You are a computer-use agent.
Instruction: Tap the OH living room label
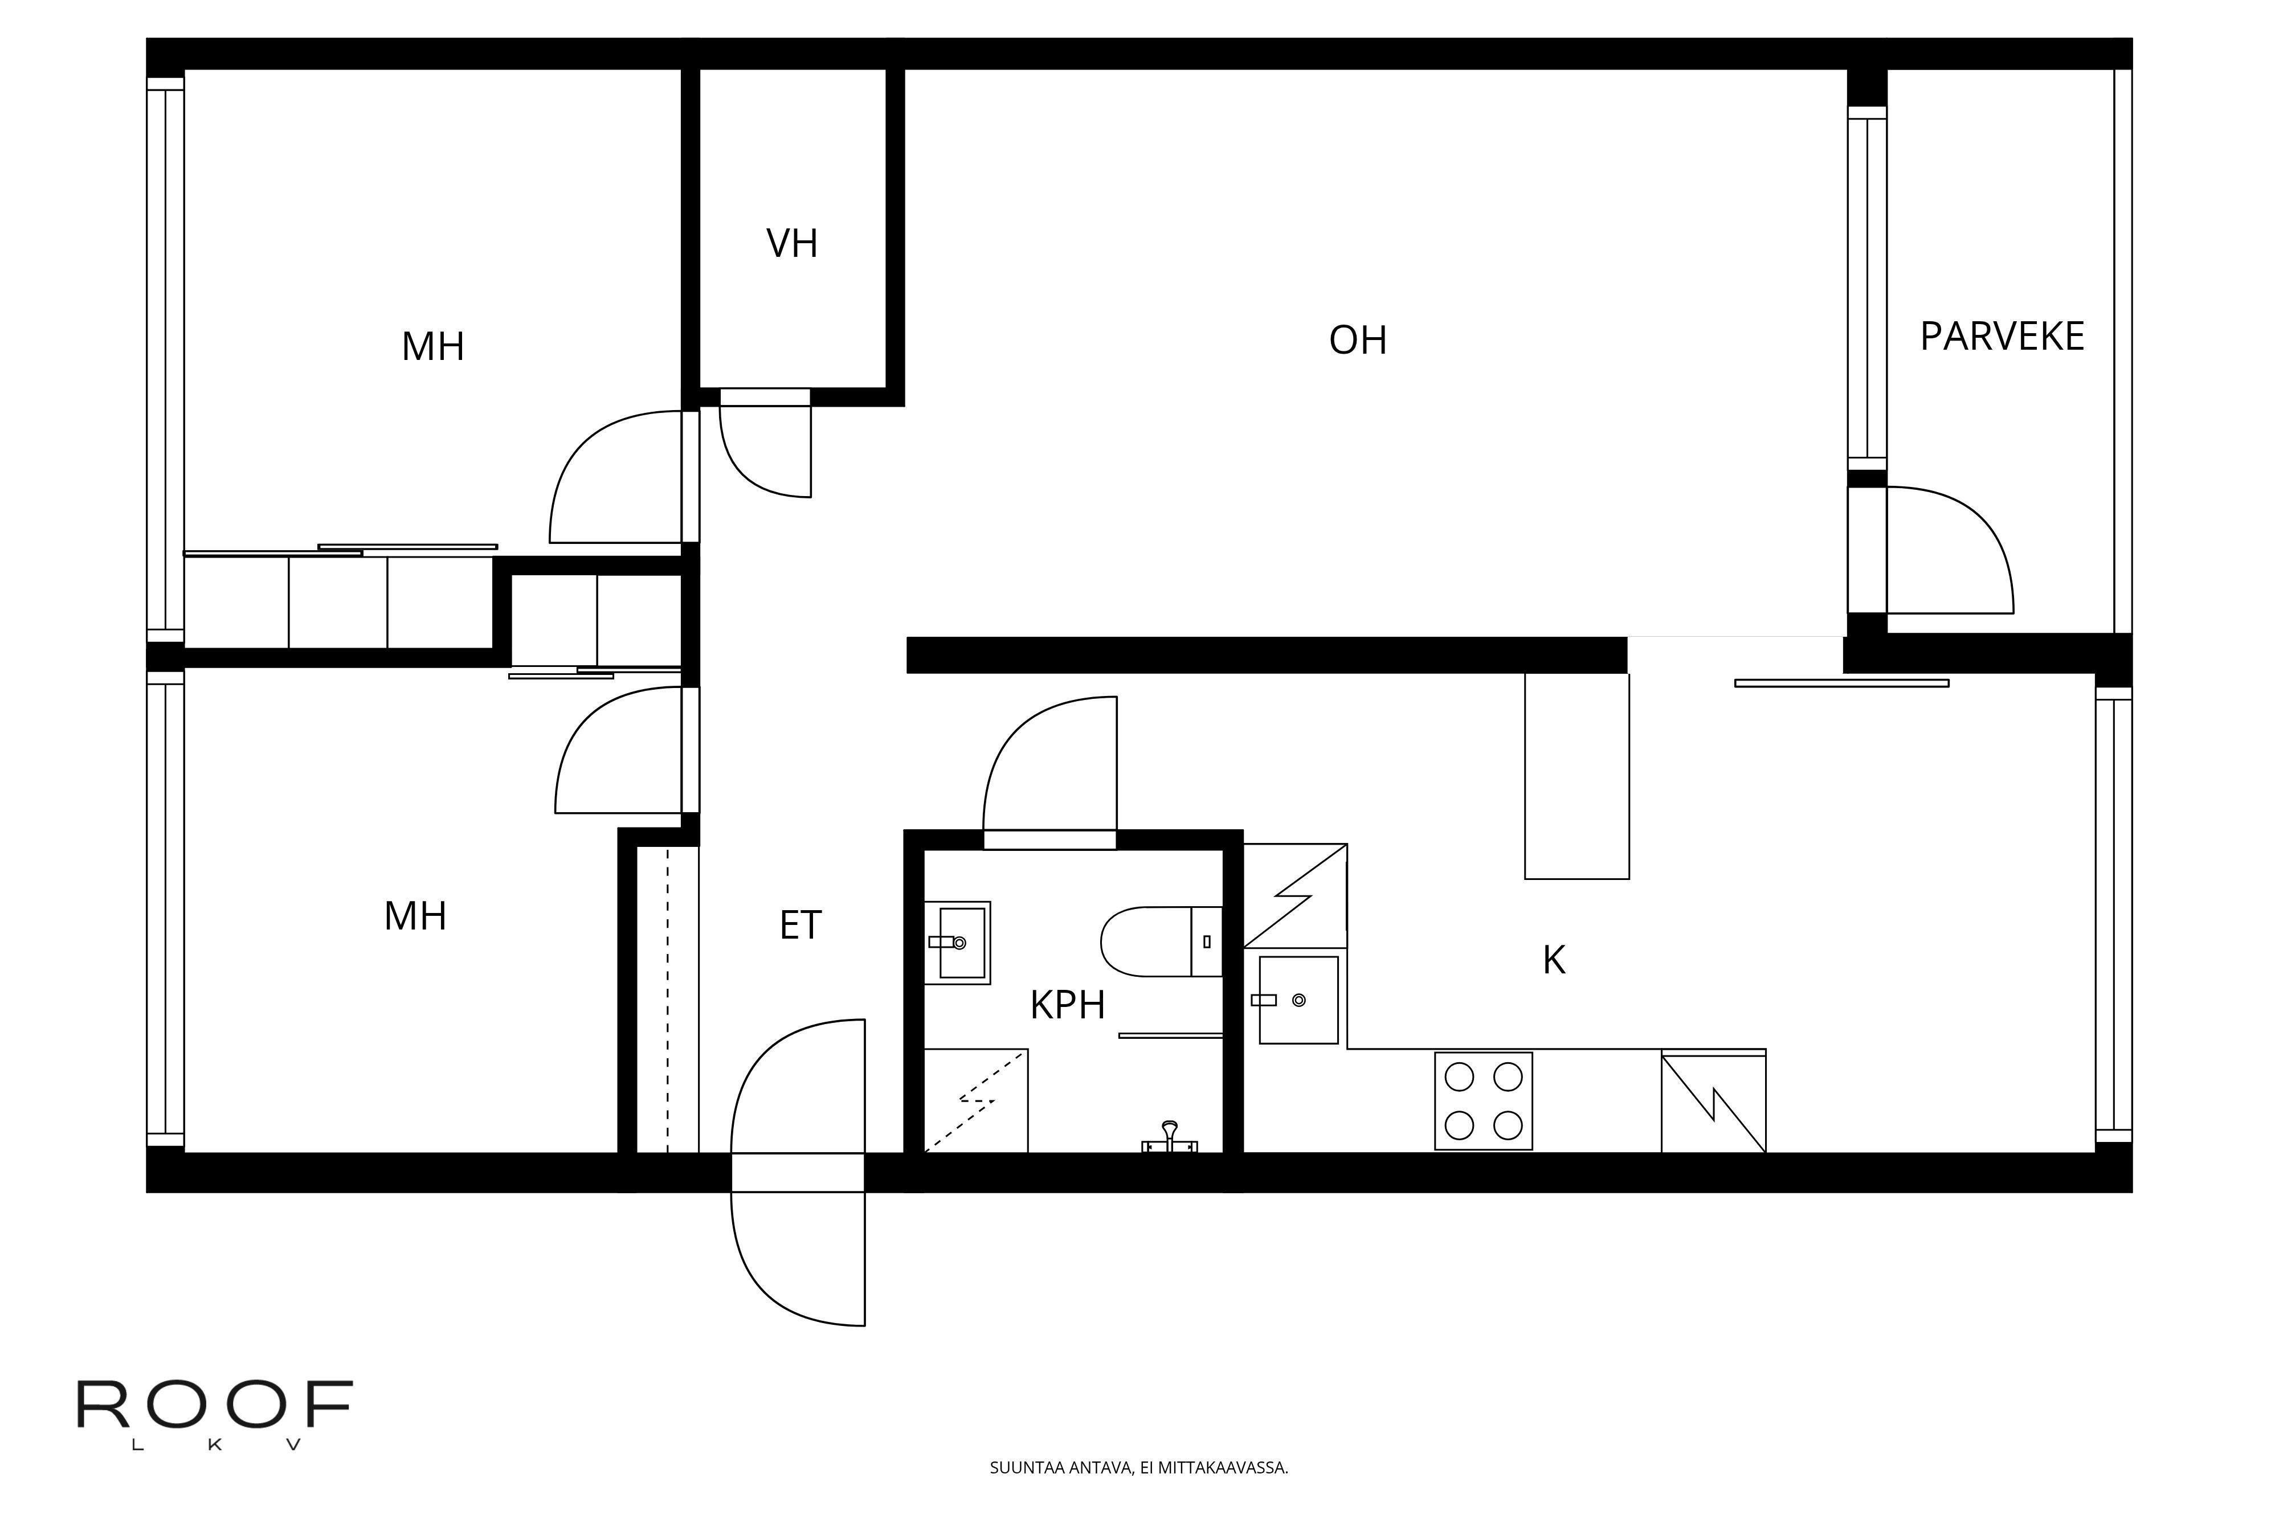pos(1358,340)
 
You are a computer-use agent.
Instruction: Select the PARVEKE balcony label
pos(2002,336)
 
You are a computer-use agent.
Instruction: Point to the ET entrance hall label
pos(800,925)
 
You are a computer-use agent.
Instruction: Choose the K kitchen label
pos(1554,960)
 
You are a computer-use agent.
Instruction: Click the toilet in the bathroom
pos(1161,941)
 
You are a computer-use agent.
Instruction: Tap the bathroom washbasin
pos(957,943)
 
